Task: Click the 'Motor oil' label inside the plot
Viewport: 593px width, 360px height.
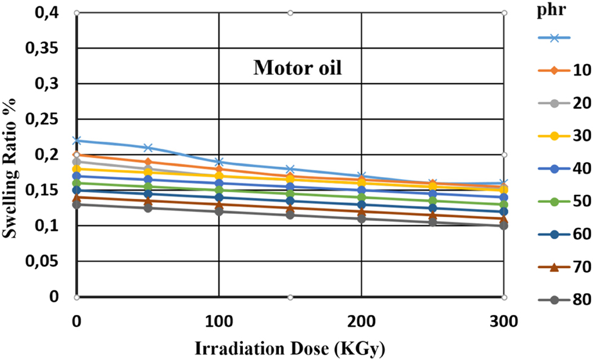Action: point(298,67)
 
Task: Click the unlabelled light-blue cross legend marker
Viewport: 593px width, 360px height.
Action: point(554,38)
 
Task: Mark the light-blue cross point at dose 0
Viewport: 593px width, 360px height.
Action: point(77,141)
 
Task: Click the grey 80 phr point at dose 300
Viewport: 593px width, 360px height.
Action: point(504,226)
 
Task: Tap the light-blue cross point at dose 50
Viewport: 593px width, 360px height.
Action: point(148,148)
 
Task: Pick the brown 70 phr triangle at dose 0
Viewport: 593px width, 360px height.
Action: point(77,197)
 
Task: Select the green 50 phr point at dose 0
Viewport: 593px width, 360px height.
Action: point(77,183)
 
